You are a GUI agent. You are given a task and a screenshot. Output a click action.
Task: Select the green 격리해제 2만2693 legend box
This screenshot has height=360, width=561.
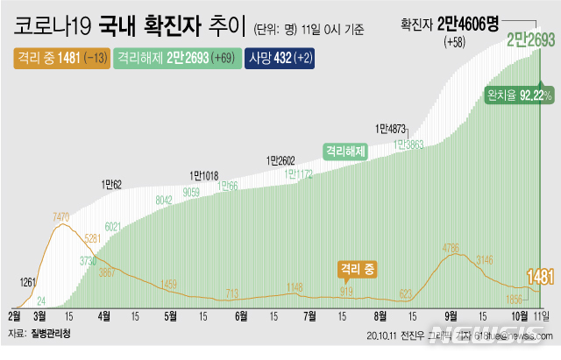coord(167,59)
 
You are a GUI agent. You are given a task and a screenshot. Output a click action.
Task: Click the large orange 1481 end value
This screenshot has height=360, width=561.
coord(540,278)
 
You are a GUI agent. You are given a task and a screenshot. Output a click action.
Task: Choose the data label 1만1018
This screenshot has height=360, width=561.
coord(203,174)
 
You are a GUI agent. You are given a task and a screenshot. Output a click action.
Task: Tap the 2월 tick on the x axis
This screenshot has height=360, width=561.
coord(15,315)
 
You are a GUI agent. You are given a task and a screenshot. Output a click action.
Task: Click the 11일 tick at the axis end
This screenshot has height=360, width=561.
coord(541,315)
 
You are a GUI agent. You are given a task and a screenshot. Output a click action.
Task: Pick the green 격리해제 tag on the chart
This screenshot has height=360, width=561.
coord(345,149)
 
